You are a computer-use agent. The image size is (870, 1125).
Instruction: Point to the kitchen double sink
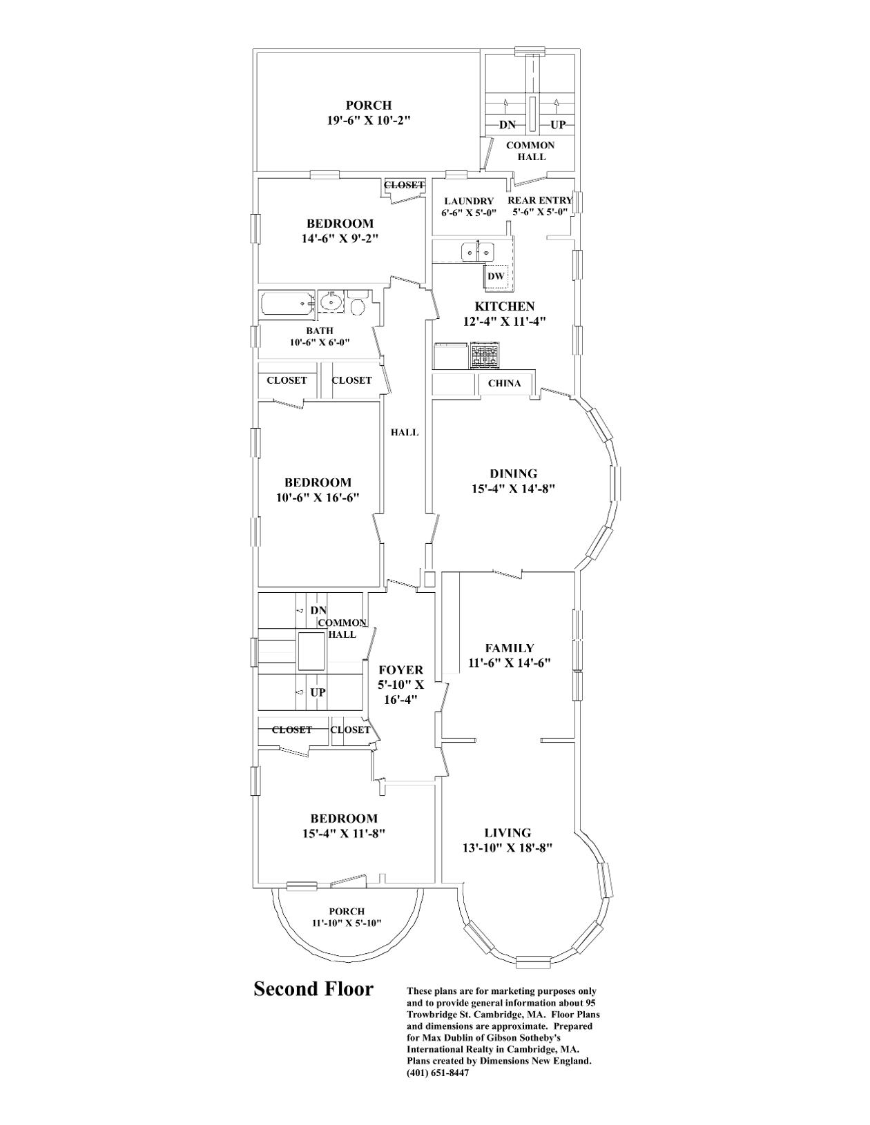pos(478,252)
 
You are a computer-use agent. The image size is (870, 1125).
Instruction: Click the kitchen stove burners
pos(485,356)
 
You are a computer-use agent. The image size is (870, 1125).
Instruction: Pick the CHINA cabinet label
pos(504,383)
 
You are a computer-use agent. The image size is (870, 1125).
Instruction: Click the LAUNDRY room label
pos(469,201)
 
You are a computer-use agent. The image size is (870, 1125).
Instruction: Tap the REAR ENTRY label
pos(540,200)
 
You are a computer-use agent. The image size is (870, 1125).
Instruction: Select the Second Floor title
pos(313,989)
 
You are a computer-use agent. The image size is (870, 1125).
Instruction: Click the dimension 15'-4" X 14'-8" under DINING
pos(513,489)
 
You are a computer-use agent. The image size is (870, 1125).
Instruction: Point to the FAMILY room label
pos(510,648)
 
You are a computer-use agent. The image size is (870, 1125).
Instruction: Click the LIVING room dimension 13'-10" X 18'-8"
pos(507,848)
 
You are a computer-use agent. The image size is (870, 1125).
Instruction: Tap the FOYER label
pos(400,669)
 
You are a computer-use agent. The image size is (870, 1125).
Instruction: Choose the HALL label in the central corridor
pos(405,433)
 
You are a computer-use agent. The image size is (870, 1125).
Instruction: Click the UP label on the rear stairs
pos(558,125)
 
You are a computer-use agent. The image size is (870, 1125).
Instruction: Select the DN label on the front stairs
pos(318,611)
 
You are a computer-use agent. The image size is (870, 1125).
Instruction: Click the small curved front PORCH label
pos(346,911)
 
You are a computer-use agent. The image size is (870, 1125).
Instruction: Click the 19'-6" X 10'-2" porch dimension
pos(369,120)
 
